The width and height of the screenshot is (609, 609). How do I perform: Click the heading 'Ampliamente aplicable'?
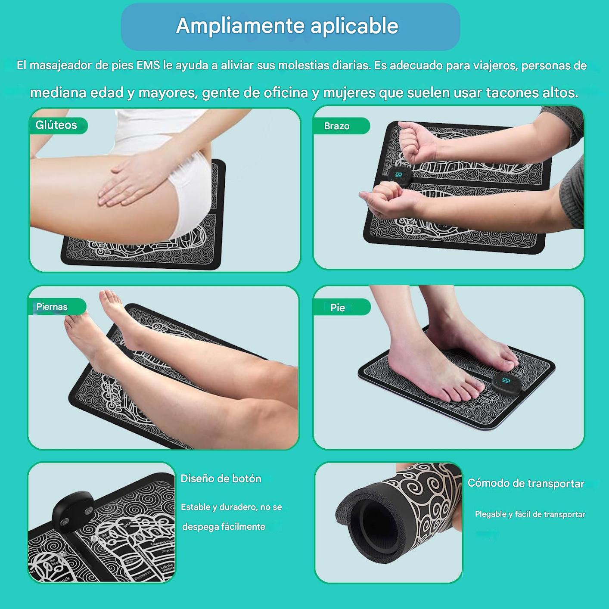(287, 26)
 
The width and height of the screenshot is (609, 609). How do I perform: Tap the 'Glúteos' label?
(56, 125)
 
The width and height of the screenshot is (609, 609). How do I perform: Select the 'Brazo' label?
(337, 126)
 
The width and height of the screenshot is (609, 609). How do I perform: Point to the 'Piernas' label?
(52, 307)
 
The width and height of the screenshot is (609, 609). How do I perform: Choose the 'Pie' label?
(338, 308)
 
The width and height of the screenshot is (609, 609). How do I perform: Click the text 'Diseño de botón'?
(221, 479)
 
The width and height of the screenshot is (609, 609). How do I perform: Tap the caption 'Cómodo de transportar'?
(526, 484)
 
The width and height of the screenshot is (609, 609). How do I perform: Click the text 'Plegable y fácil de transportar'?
(530, 514)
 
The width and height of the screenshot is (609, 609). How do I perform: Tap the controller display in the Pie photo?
(506, 381)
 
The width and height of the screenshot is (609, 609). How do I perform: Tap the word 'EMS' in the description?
(148, 65)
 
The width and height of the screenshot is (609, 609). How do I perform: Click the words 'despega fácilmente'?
(224, 527)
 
